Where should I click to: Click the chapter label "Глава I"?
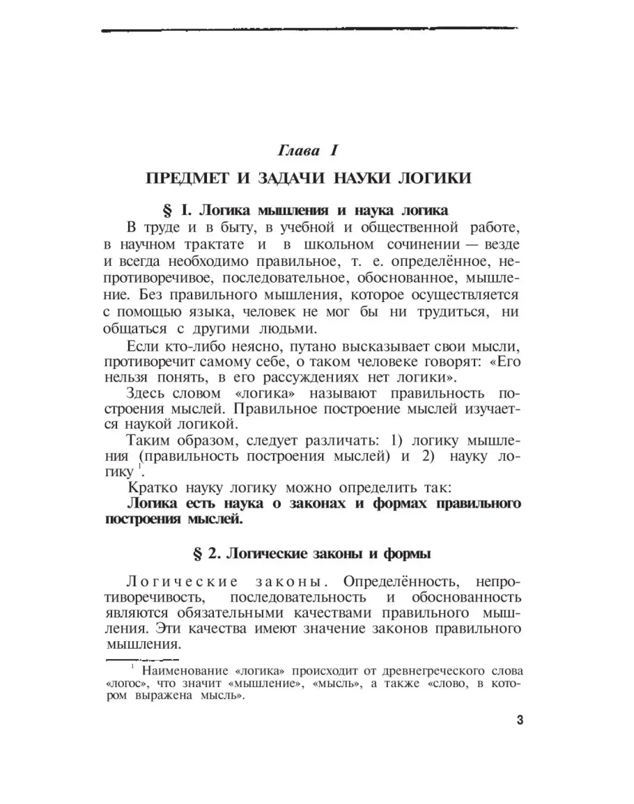coord(307,150)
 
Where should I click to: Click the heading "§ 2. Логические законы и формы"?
coord(311,554)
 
